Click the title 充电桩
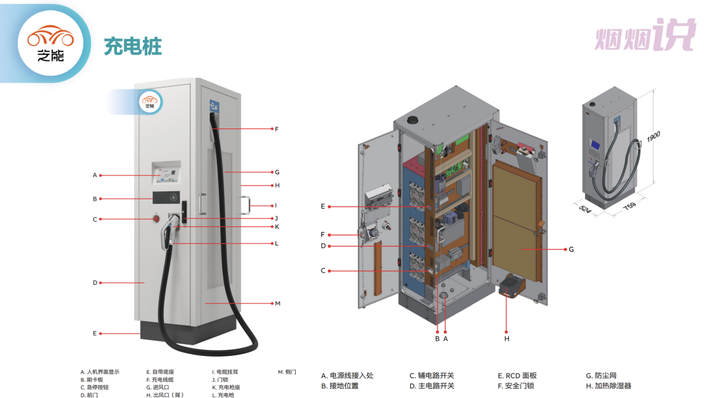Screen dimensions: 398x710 [133, 47]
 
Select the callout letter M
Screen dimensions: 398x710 [277, 303]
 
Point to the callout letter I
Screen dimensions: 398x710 [276, 205]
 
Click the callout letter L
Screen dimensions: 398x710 [276, 243]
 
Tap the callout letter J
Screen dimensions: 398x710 [276, 218]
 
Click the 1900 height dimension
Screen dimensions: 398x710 [653, 137]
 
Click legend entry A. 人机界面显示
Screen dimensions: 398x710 [100, 372]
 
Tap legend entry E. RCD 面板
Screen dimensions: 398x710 [517, 376]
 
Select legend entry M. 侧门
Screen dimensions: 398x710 [287, 372]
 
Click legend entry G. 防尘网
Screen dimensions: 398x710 [601, 376]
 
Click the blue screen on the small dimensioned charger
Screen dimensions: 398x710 [596, 145]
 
